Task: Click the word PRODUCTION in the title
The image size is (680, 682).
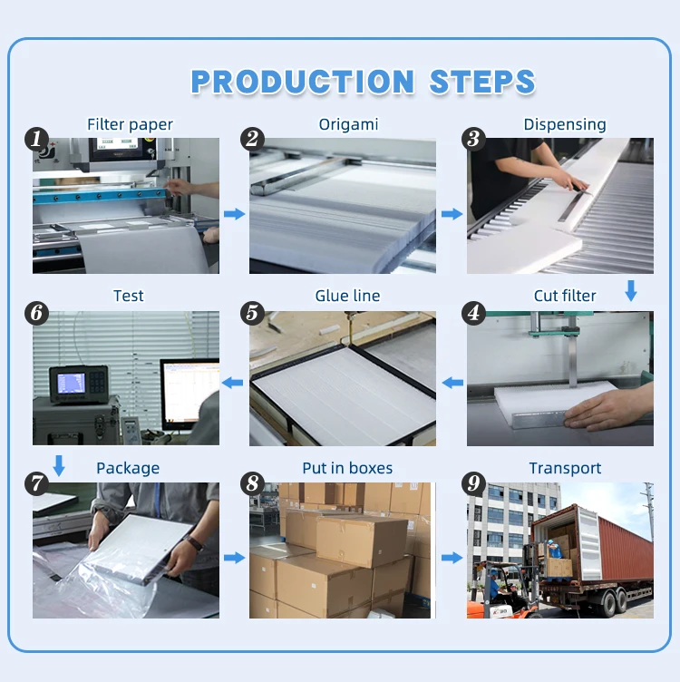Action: [x=303, y=82]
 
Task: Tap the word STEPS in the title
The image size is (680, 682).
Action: [x=482, y=82]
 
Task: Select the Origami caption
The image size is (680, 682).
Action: [x=348, y=125]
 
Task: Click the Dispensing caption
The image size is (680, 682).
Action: [x=564, y=125]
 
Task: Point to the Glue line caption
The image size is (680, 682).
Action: [x=347, y=296]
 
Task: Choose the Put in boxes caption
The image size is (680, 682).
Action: [x=347, y=468]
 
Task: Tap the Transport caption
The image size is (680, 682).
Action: [x=565, y=468]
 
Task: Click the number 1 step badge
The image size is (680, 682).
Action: [x=36, y=139]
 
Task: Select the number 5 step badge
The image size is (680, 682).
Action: [x=253, y=313]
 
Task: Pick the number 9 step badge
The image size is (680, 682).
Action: [x=473, y=483]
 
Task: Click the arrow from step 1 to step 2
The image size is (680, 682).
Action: [x=234, y=213]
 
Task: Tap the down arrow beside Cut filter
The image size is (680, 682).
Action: [x=631, y=290]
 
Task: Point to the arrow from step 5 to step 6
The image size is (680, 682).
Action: [x=232, y=383]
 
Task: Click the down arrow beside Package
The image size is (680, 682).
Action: [x=59, y=466]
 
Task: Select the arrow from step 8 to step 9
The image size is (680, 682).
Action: [x=452, y=558]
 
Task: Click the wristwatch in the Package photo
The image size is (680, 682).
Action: [x=194, y=543]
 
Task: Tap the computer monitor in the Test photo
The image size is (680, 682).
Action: [x=189, y=395]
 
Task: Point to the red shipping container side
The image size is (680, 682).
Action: [x=626, y=549]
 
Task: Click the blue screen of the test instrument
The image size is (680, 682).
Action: [x=72, y=384]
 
